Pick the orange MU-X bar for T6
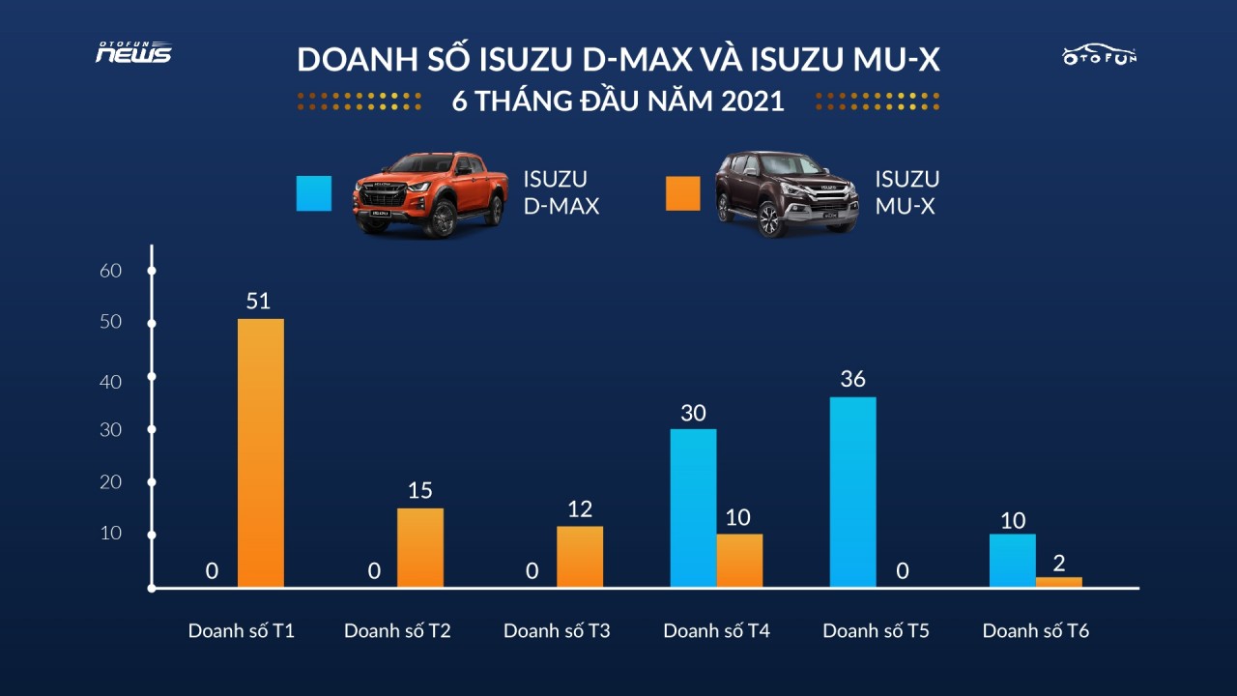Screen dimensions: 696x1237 pyautogui.click(x=1058, y=582)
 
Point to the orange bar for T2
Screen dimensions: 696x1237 pyautogui.click(x=420, y=547)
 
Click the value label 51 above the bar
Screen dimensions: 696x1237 pyautogui.click(x=258, y=302)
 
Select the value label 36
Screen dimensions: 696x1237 pyautogui.click(x=852, y=380)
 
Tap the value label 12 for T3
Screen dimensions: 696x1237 pyautogui.click(x=580, y=509)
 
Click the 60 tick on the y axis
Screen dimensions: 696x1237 pyautogui.click(x=111, y=271)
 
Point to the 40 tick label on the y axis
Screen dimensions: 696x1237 pyautogui.click(x=111, y=382)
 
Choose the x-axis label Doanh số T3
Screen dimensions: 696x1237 pyautogui.click(x=557, y=631)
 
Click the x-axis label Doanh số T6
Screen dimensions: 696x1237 pyautogui.click(x=1036, y=631)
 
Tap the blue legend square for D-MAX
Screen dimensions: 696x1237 pyautogui.click(x=314, y=193)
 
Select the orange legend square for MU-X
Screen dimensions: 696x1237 pyautogui.click(x=682, y=193)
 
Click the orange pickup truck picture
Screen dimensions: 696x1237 pyautogui.click(x=429, y=193)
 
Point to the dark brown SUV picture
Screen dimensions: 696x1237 pyautogui.click(x=786, y=193)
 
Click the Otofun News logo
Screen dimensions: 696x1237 pyautogui.click(x=133, y=53)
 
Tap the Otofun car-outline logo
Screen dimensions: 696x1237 pyautogui.click(x=1100, y=54)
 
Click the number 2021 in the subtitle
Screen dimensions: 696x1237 pyautogui.click(x=752, y=101)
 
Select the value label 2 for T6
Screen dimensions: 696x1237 pyautogui.click(x=1058, y=563)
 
